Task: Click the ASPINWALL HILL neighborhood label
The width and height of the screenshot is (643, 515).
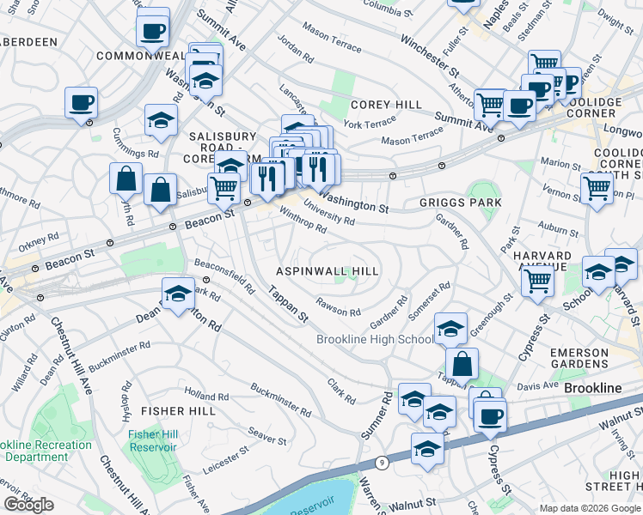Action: coord(327,270)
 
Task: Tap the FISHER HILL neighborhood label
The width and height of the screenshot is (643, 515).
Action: coord(178,411)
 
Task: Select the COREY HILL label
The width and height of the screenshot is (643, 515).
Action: coord(386,105)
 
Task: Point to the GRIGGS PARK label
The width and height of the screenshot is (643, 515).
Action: coord(460,203)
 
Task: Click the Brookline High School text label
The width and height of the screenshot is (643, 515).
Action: coord(376,339)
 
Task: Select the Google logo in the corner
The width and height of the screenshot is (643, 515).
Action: coord(28,505)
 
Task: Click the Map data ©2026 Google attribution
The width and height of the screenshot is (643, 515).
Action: coord(590,508)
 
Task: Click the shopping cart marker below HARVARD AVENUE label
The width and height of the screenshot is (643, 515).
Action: coord(538,281)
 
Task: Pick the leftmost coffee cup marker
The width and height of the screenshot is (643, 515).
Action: coord(82,104)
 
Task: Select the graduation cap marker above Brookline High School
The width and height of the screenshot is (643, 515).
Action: coord(450,329)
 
